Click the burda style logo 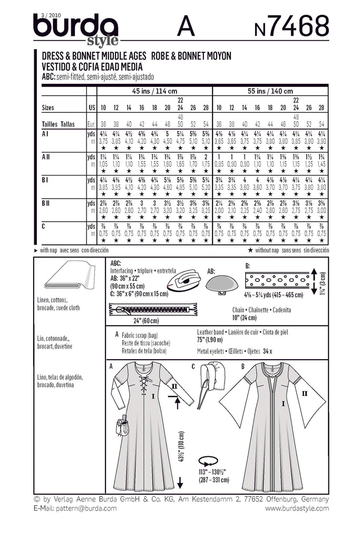pyautogui.click(x=76, y=29)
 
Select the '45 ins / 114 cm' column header pyautogui.click(x=153, y=91)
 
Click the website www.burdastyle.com pyautogui.click(x=297, y=508)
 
